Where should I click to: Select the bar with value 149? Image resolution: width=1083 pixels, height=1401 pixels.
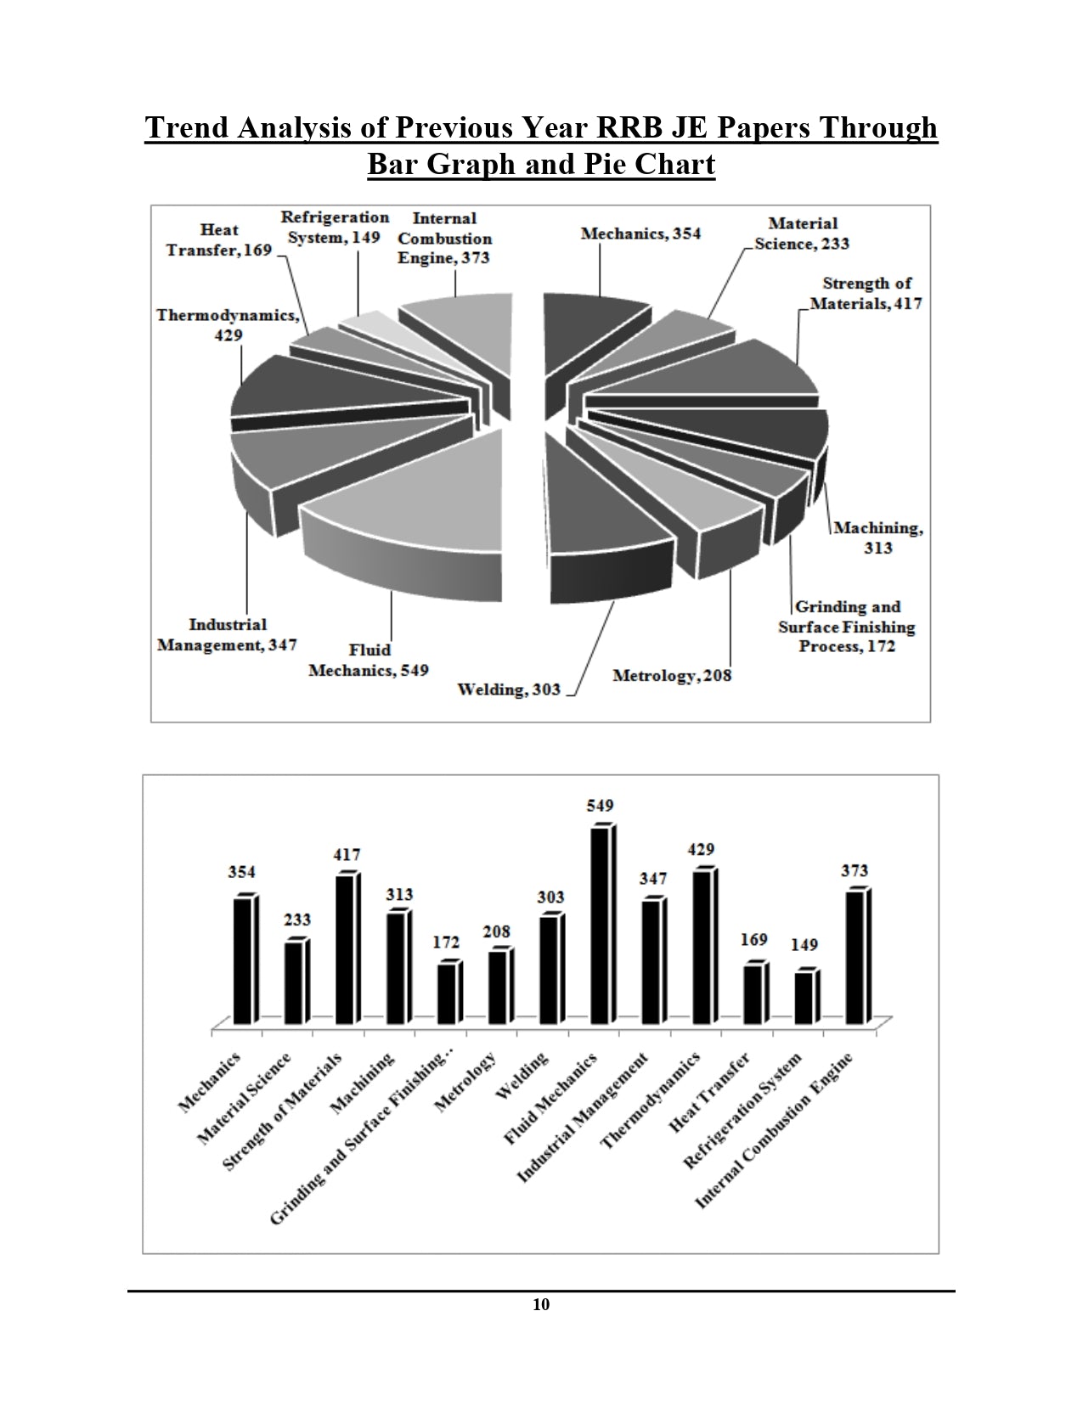[804, 997]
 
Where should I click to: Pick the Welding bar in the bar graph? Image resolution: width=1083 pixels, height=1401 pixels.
[549, 969]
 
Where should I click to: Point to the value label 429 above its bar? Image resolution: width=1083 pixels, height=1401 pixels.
[702, 849]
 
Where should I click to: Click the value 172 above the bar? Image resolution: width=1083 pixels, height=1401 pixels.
[446, 942]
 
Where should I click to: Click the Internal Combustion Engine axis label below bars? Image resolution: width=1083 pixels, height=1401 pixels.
[774, 1130]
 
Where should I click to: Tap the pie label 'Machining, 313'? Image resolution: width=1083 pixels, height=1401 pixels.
[877, 537]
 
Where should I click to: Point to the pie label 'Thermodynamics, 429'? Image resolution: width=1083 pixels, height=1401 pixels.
[228, 324]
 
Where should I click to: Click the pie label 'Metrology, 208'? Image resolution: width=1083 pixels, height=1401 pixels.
[671, 676]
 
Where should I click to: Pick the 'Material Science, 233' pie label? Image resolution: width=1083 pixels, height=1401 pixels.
[802, 233]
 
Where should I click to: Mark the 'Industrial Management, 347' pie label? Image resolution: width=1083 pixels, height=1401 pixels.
[228, 635]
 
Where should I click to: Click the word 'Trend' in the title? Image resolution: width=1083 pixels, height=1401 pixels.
[187, 127]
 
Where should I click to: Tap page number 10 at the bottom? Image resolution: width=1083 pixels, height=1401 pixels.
[541, 1305]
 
